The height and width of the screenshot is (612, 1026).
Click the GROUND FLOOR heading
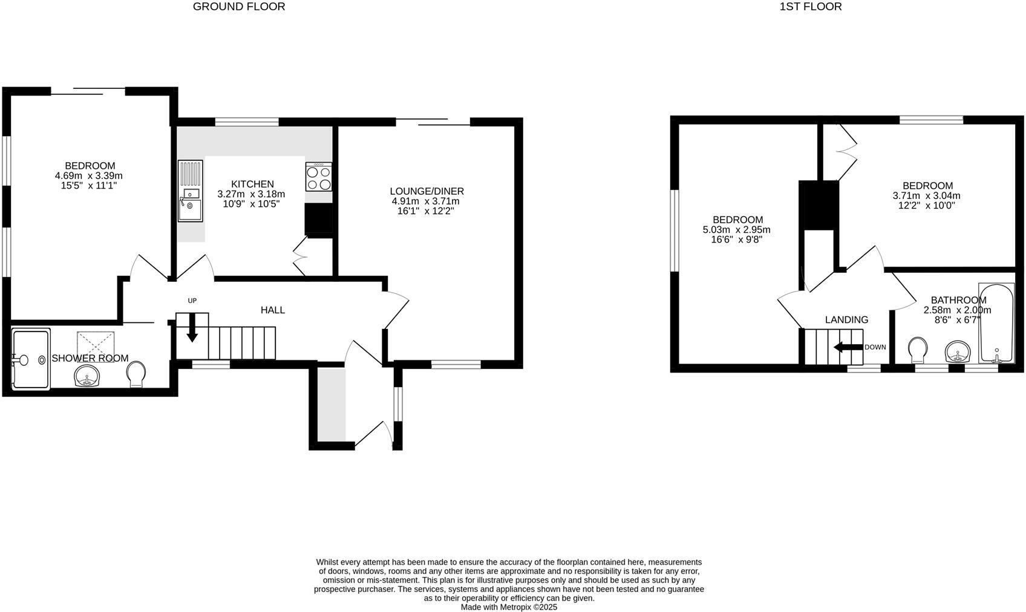point(238,7)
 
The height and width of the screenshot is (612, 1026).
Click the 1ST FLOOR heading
point(811,7)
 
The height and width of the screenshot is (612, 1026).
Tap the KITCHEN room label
point(252,184)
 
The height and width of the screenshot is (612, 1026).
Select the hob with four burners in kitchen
point(319,177)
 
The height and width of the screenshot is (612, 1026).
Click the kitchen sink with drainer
point(190,191)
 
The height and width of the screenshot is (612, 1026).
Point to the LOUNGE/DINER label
point(426,191)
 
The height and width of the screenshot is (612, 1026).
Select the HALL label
point(272,310)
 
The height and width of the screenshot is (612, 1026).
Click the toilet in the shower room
point(137,374)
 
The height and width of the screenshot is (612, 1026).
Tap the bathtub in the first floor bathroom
point(996,324)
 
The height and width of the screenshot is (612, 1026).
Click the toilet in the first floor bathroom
point(918,349)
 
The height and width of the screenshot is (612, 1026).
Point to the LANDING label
point(846,320)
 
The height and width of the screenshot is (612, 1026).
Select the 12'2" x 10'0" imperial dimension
point(926,206)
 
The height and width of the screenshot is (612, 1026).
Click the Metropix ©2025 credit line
point(509,607)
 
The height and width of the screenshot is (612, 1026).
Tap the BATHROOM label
point(958,300)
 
